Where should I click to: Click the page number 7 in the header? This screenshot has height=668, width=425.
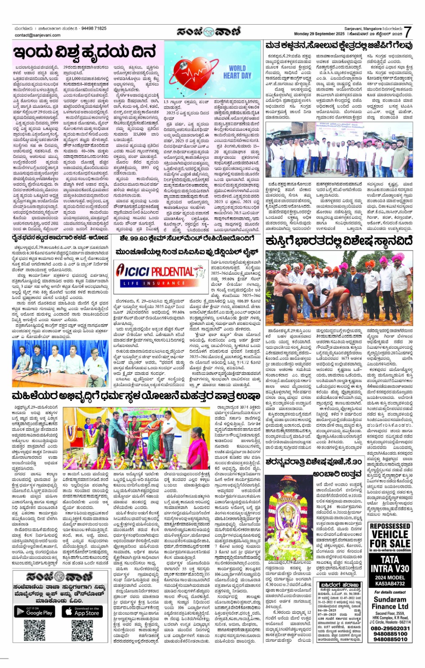tap(408, 32)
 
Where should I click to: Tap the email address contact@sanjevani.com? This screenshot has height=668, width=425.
tap(37, 35)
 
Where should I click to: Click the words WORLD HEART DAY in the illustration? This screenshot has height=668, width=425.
tap(237, 72)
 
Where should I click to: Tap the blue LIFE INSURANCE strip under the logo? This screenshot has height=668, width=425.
tap(155, 283)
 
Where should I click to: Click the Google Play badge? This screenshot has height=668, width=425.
tap(35, 612)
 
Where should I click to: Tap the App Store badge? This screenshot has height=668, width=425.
tap(82, 612)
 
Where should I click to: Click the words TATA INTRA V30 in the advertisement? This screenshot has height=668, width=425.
tap(389, 564)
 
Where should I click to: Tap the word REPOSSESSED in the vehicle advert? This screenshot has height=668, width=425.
tap(389, 526)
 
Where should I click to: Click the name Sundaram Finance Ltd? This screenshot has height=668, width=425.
tap(389, 603)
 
